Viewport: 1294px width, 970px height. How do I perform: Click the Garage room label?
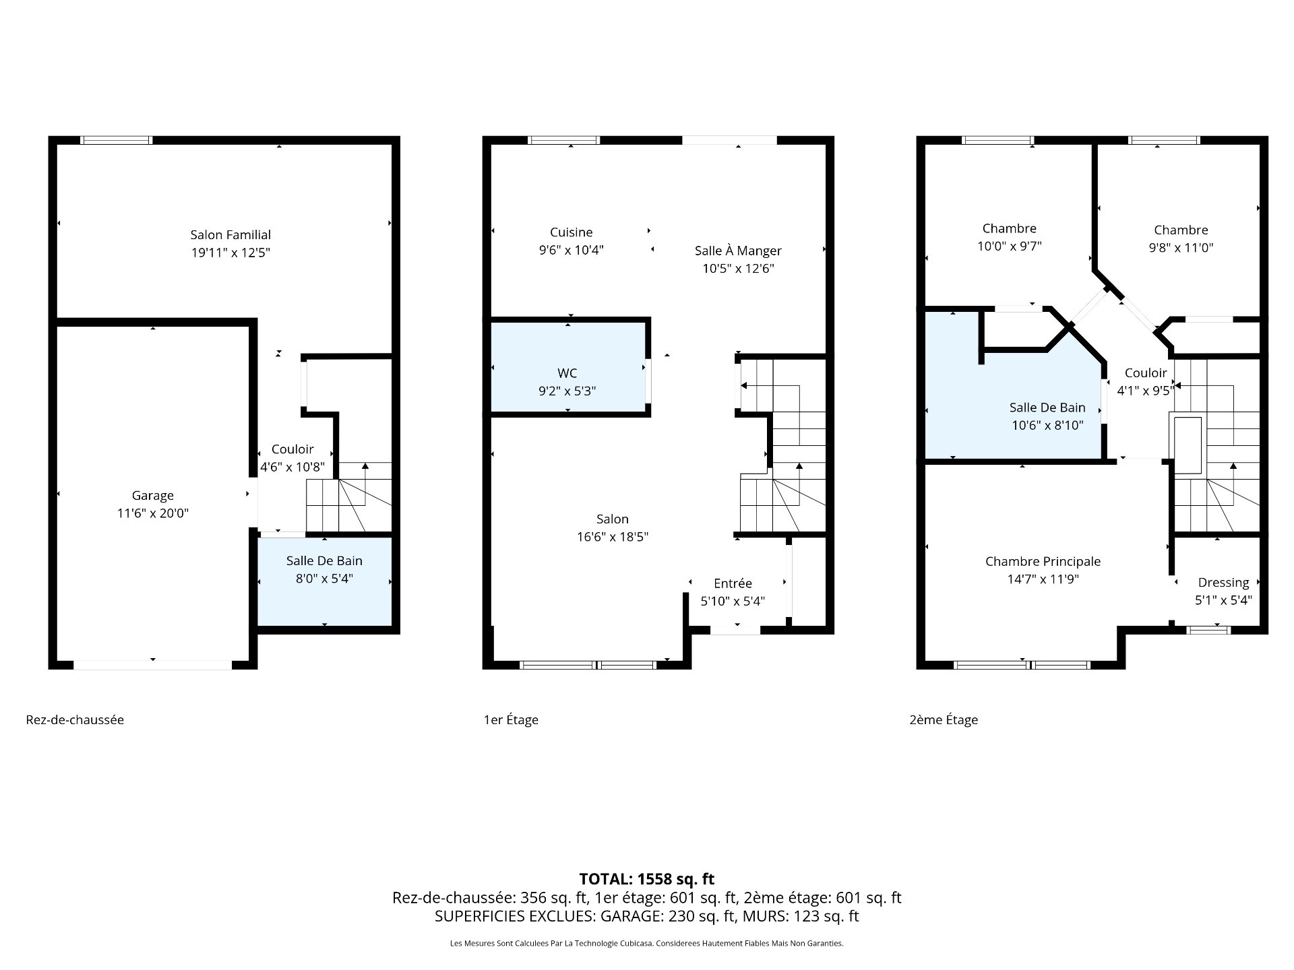coord(153,496)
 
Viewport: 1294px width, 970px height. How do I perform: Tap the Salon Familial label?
coord(230,234)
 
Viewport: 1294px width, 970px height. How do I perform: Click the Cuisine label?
coord(572,232)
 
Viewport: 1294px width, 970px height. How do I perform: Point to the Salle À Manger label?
coord(738,251)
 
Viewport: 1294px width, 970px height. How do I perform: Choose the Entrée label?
coord(733,583)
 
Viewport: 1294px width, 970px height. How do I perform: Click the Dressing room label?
coord(1223,583)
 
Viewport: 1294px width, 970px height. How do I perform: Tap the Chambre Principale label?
coord(1043,561)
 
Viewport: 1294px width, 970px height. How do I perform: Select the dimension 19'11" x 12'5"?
coord(230,253)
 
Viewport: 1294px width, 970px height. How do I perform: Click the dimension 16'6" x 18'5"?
coord(612,537)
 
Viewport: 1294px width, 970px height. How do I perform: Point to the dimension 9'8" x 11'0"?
coord(1181,247)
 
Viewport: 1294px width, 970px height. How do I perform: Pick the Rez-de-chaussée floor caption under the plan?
coord(75,719)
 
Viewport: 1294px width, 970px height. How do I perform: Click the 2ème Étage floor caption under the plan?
coord(944,719)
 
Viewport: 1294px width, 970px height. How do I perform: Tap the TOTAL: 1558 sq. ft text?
coord(647,879)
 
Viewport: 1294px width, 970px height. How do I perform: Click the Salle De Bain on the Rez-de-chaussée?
coord(324,581)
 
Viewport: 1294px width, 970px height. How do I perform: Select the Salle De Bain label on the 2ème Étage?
coord(1047,407)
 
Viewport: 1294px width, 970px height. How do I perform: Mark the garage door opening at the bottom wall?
coord(153,665)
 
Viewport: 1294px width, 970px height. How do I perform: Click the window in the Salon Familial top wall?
coord(117,140)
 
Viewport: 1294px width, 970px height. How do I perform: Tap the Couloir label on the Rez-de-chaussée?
coord(292,449)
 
